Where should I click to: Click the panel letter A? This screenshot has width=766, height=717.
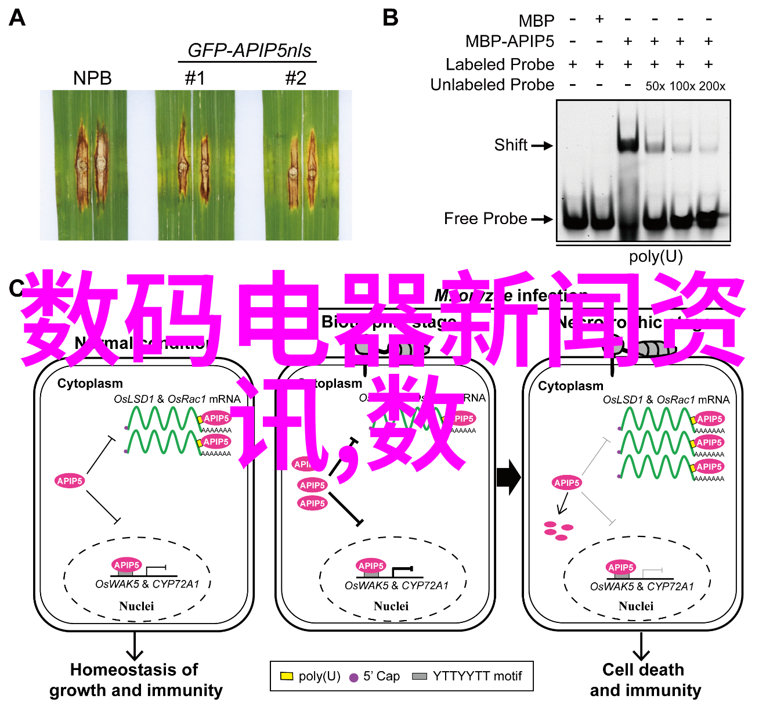[x=17, y=18]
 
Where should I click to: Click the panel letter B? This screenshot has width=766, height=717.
[x=391, y=18]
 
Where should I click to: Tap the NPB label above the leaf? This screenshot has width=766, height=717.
[x=92, y=78]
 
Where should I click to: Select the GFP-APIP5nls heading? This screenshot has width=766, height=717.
[x=249, y=51]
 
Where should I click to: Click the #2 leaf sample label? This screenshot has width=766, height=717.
[x=295, y=78]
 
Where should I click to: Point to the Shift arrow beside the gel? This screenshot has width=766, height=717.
[x=542, y=146]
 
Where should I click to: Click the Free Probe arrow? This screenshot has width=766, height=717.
[x=542, y=219]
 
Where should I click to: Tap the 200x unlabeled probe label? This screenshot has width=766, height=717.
[x=712, y=87]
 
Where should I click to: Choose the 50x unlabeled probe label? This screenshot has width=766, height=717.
[x=655, y=87]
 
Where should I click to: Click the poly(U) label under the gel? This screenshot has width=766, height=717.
[x=656, y=256]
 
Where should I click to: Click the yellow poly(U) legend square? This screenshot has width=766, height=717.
[x=287, y=676]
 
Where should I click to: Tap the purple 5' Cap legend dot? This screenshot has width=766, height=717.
[x=353, y=678]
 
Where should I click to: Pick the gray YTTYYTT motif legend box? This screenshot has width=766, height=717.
[x=419, y=676]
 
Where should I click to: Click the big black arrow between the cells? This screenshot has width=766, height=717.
[x=509, y=477]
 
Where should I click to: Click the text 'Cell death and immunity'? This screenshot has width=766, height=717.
[x=645, y=680]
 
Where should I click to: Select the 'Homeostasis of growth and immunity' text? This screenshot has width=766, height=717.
[x=135, y=680]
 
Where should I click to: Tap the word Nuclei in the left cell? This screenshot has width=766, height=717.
[x=136, y=606]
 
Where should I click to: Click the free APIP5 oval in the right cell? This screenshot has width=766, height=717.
[x=566, y=482]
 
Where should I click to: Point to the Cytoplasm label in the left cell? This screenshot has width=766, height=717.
[x=90, y=384]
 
